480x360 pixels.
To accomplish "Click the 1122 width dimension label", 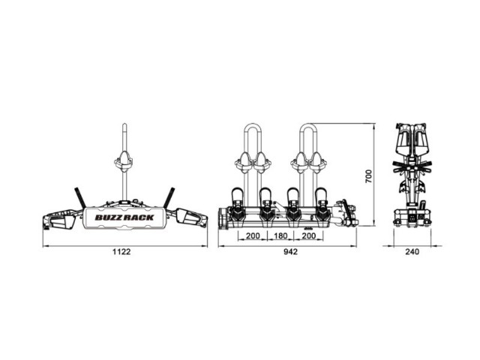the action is point(121,252).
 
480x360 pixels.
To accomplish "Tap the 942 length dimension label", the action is point(290,252).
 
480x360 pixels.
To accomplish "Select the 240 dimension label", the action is point(412,252).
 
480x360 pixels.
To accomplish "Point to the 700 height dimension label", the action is point(368,176).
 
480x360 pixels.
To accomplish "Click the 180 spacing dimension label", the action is point(280,235).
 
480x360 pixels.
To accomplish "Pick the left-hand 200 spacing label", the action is point(253,235).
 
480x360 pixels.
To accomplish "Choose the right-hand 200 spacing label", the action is point(308,235).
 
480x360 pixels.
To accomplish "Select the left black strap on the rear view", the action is point(80,198).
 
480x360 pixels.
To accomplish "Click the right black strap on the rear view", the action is point(169,198).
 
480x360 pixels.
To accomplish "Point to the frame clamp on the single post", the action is point(124,161).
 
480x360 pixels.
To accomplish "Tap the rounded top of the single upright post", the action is point(124,124).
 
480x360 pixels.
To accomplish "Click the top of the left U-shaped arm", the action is point(253,124).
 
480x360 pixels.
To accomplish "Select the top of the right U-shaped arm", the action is point(308,124).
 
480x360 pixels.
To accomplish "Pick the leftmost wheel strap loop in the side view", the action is point(237,194).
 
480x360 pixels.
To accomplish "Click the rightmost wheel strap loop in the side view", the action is point(322,194).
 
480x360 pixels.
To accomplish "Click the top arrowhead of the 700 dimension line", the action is point(374,125).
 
